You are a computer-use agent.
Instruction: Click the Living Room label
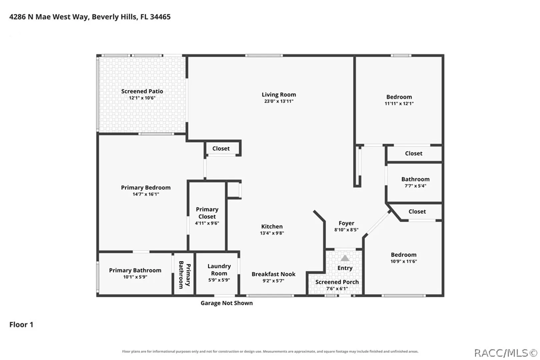[x=279, y=95]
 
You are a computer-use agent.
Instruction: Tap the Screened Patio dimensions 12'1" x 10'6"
[x=142, y=98]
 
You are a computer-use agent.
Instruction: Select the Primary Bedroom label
[x=146, y=188]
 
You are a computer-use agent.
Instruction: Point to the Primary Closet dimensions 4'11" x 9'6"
[x=207, y=223]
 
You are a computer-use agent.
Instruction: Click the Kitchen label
[x=272, y=226]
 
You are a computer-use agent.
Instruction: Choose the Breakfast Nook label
[x=274, y=274]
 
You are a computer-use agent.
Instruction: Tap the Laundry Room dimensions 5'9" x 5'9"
[x=219, y=280]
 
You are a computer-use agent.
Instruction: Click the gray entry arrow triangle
[x=345, y=258]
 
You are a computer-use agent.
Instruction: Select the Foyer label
[x=346, y=223]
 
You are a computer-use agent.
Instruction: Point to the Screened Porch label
[x=337, y=282]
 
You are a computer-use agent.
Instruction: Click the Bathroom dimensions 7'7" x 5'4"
[x=415, y=186]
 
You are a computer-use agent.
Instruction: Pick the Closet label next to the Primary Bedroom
[x=221, y=149]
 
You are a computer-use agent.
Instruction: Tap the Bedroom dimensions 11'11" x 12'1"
[x=399, y=103]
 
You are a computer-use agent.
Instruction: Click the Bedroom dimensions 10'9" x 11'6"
[x=404, y=261]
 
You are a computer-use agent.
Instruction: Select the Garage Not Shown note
[x=227, y=303]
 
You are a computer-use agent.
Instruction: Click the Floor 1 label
[x=21, y=325]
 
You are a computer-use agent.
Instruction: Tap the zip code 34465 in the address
[x=160, y=17]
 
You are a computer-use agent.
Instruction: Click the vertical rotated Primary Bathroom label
[x=184, y=275]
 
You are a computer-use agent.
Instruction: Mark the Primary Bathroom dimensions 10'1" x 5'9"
[x=135, y=277]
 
